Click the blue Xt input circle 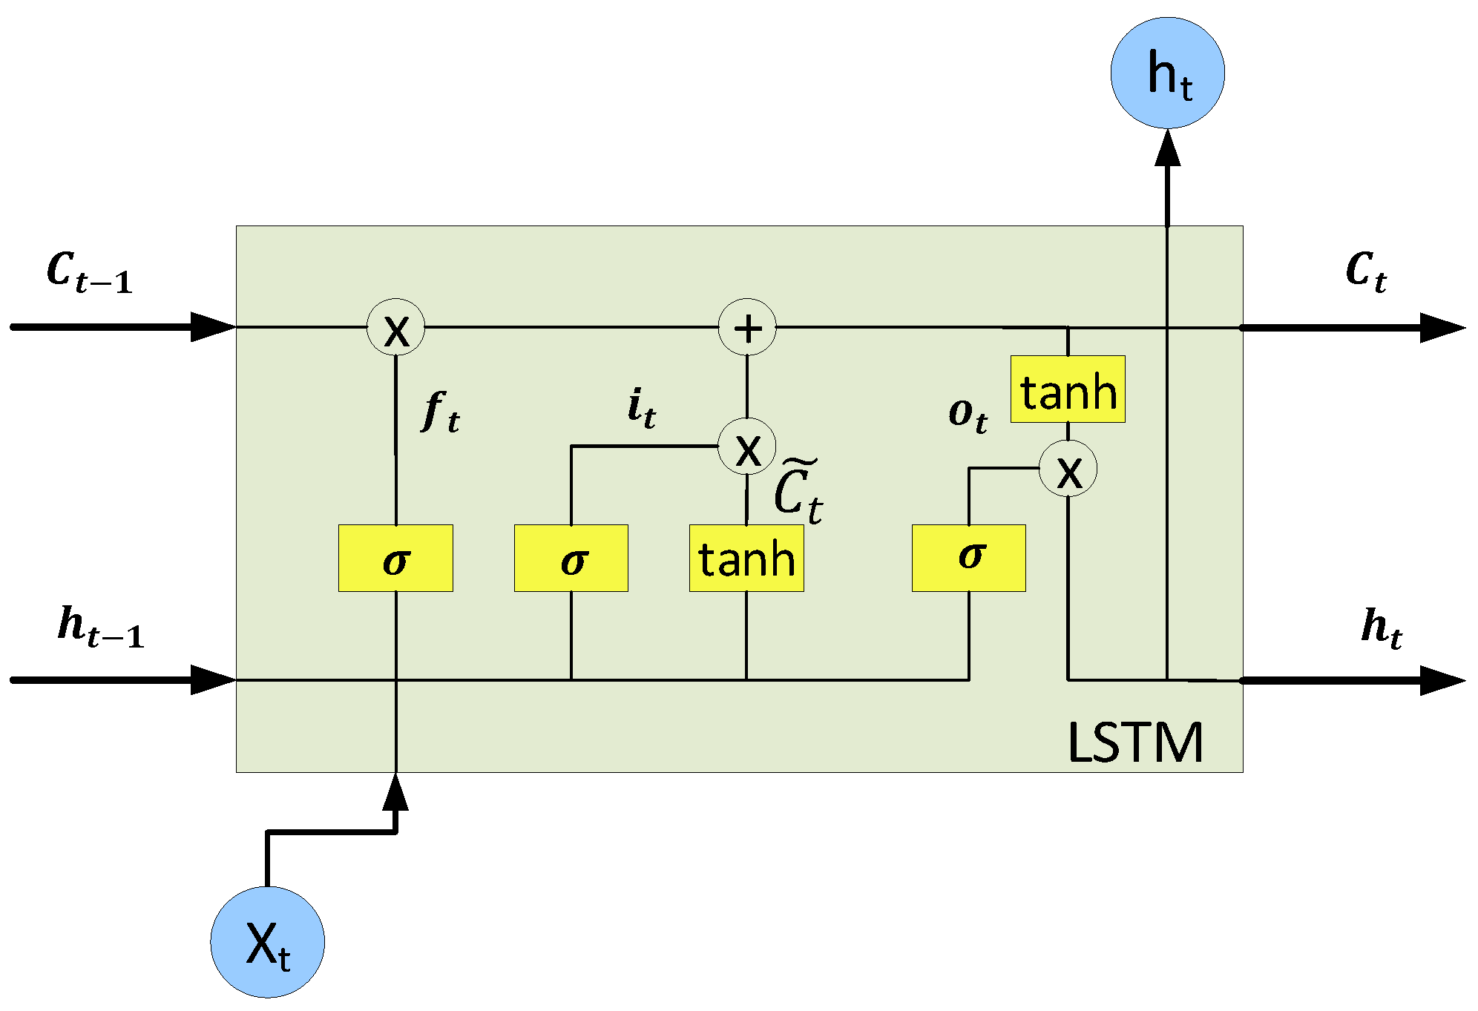click(x=267, y=942)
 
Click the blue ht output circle click(x=1167, y=73)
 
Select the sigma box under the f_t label click(x=395, y=559)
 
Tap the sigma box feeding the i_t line click(x=571, y=559)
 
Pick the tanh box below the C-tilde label click(x=746, y=559)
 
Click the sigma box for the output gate click(x=968, y=559)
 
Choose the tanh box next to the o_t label click(x=1068, y=389)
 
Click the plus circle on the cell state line click(x=747, y=327)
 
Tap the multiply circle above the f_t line click(x=395, y=327)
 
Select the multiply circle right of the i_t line click(x=747, y=447)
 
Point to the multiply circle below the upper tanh click(x=1068, y=469)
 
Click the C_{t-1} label click(x=89, y=272)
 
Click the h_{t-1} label click(x=100, y=628)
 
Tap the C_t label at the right click(x=1365, y=271)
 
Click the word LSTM click(x=1134, y=742)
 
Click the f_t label click(x=441, y=412)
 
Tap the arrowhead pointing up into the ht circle click(x=1167, y=147)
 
